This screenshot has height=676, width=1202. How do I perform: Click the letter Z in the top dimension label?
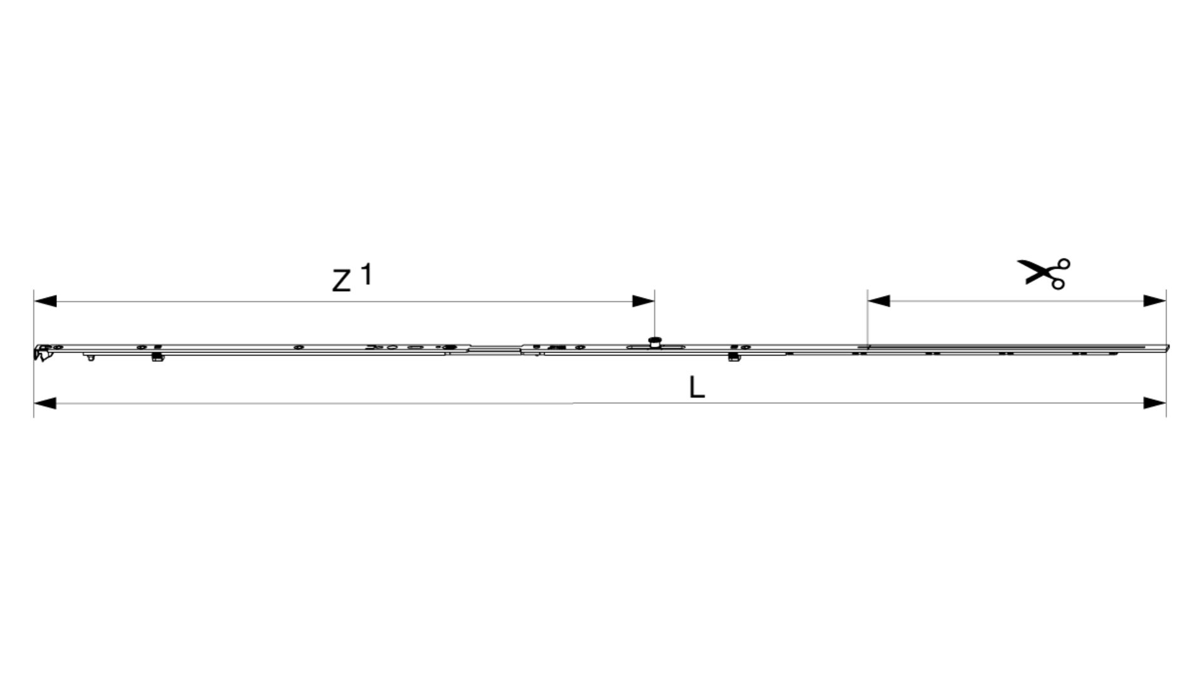coord(341,281)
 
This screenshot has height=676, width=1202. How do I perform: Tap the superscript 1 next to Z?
coord(366,274)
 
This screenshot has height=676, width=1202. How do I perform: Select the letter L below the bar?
coord(697,387)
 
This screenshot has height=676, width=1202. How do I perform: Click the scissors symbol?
coord(1044,274)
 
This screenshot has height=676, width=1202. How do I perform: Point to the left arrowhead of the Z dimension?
coord(45,301)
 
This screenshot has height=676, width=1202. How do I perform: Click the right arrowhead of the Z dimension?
coord(644,301)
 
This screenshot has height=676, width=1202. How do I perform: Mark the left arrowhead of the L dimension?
coord(45,403)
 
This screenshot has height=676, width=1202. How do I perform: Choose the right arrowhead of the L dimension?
coord(1155,403)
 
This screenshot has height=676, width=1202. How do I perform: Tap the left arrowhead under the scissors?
coord(879,301)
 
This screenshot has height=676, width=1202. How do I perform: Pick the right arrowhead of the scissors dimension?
coord(1155,301)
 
